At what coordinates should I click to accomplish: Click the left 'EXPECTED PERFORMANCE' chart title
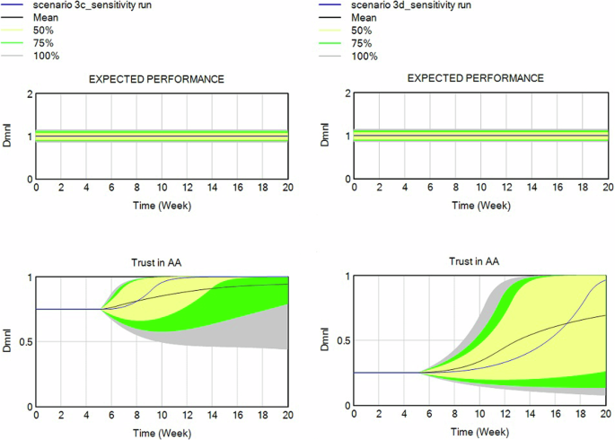[x=156, y=79]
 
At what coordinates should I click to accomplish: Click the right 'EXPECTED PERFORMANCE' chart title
[x=475, y=79]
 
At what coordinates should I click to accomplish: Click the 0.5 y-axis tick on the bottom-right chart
[x=343, y=341]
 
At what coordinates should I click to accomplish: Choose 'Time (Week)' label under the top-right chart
[x=480, y=206]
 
